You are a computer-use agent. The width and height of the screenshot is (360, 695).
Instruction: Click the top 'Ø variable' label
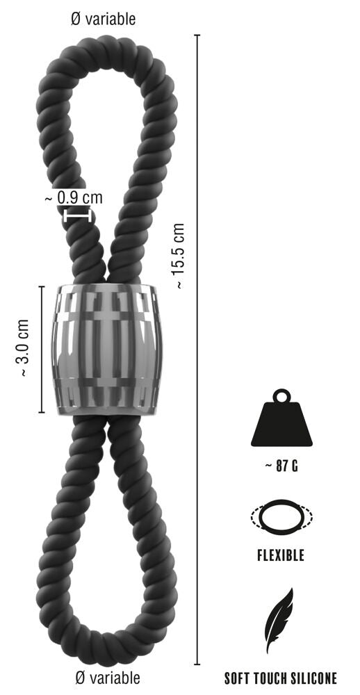pyautogui.click(x=104, y=19)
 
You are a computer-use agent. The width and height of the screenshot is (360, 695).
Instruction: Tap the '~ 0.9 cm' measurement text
pyautogui.click(x=74, y=197)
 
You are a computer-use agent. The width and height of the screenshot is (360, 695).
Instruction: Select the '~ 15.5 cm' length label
pyautogui.click(x=179, y=256)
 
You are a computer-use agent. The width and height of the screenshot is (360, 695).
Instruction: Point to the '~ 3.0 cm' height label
pyautogui.click(x=23, y=349)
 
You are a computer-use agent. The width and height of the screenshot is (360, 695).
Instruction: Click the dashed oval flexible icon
pyautogui.click(x=281, y=517)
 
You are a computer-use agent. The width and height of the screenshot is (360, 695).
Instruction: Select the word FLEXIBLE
pyautogui.click(x=281, y=556)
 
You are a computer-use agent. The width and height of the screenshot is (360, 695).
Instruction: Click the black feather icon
pyautogui.click(x=279, y=620)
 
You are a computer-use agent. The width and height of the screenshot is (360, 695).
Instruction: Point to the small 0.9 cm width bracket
pyautogui.click(x=78, y=216)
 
